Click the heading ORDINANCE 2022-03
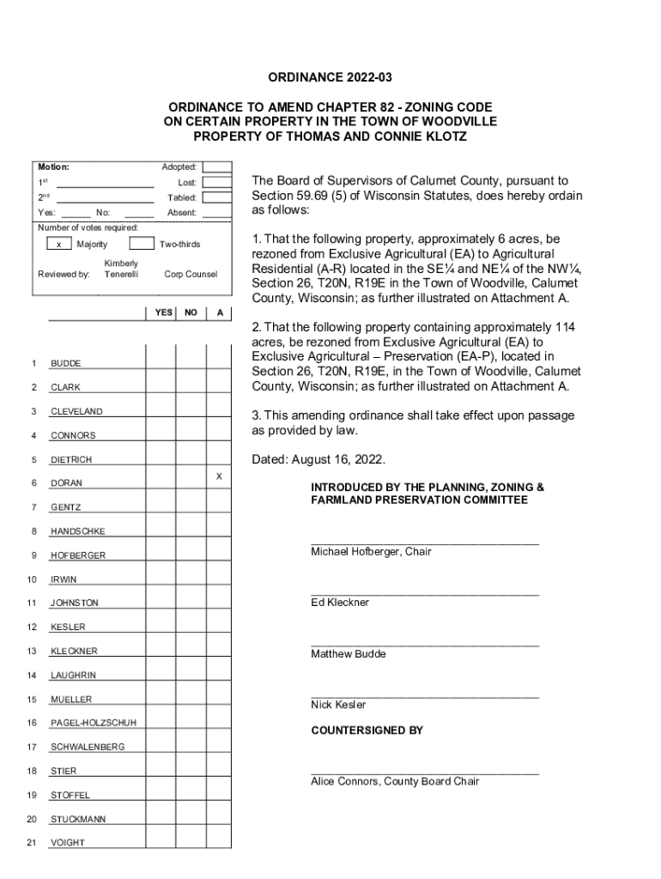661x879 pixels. coord(330,78)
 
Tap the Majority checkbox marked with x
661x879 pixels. coord(58,245)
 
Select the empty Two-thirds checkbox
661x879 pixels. coord(143,245)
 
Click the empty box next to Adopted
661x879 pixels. coord(216,167)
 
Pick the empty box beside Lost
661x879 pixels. coord(216,182)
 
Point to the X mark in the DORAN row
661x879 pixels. coord(219,475)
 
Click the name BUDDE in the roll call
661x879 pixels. coord(65,364)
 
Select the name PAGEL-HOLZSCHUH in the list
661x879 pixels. coord(93,723)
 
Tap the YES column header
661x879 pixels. coord(163,312)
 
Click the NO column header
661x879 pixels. coord(191,312)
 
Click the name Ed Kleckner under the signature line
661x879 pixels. coord(340,603)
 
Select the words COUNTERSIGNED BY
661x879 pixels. coord(367,730)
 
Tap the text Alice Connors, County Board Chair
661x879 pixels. coord(395,781)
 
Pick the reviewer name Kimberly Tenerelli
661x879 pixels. coord(121,268)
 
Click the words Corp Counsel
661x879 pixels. coord(191,274)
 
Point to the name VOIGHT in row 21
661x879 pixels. coord(68,843)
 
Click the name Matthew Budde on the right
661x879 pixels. coord(349,654)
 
